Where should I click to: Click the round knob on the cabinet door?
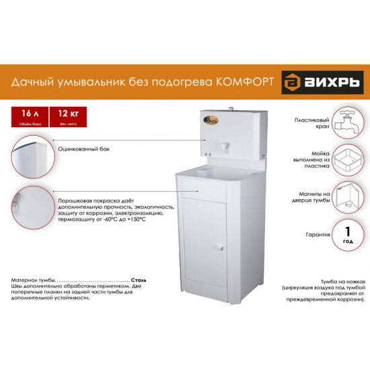pos(219,248)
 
